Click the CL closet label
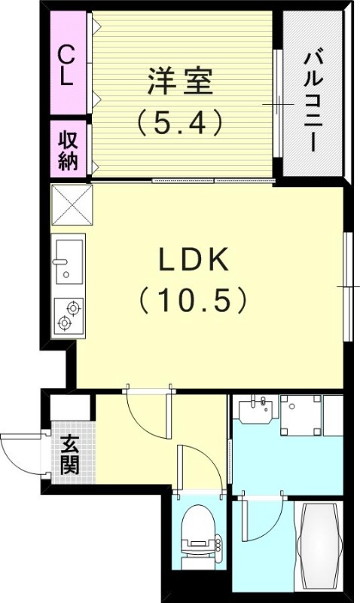click(67, 66)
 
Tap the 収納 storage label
click(67, 149)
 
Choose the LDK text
click(193, 261)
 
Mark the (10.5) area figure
click(193, 301)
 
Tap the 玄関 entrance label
click(70, 455)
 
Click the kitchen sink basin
click(68, 259)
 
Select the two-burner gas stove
click(68, 316)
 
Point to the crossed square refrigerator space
click(70, 204)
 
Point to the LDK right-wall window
click(348, 286)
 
